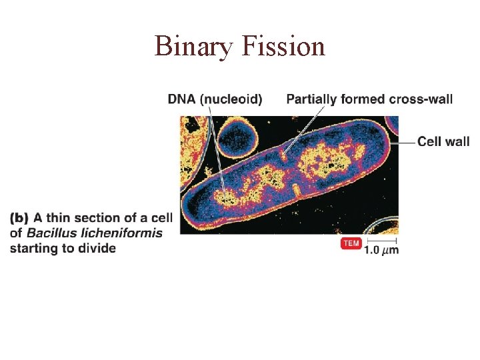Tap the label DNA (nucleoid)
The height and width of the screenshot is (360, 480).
215,99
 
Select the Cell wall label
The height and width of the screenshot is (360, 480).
443,141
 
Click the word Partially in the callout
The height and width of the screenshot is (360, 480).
311,99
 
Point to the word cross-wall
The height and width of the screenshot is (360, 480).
420,99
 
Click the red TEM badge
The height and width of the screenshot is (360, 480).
351,243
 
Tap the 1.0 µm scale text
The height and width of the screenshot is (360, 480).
381,250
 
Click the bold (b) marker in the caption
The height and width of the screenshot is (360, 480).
20,218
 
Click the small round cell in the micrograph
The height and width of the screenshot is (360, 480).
238,138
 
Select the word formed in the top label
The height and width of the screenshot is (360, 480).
360,99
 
